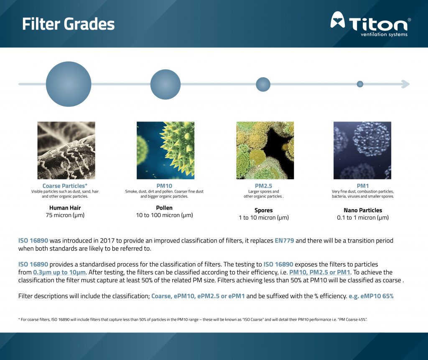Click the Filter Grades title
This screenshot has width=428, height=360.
[x=68, y=24]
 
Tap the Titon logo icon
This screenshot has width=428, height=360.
[x=338, y=20]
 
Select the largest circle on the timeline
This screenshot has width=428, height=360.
[x=69, y=84]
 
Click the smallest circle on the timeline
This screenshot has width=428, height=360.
[x=360, y=84]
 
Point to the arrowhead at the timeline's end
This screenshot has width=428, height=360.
[x=405, y=84]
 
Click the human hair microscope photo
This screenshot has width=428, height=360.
[x=66, y=150]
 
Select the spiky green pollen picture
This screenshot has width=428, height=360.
[x=166, y=150]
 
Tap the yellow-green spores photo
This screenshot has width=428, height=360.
[x=265, y=150]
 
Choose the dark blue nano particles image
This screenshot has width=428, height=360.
[x=362, y=150]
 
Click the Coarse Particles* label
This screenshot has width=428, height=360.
[x=65, y=186]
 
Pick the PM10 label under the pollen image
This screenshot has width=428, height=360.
[x=164, y=186]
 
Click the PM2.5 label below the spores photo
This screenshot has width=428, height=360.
[x=263, y=186]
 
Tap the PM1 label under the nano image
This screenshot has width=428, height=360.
[x=363, y=186]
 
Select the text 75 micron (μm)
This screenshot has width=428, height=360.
[x=65, y=215]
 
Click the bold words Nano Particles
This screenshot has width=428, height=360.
[x=363, y=210]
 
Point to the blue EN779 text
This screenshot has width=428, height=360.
[x=284, y=241]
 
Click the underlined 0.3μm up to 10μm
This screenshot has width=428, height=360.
[x=59, y=272]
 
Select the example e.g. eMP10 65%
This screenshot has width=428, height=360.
[x=371, y=296]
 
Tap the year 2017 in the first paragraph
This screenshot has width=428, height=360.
[x=107, y=241]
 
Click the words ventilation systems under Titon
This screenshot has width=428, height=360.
[x=384, y=34]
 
